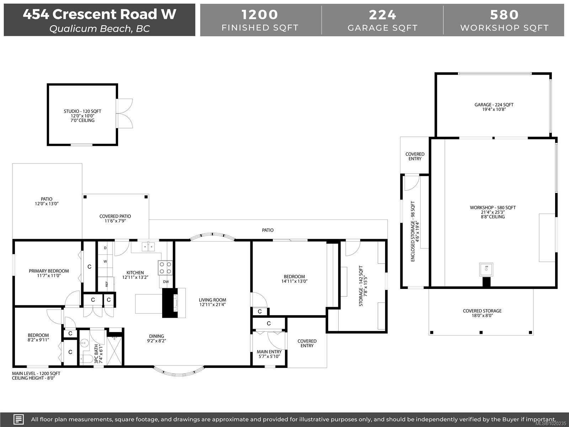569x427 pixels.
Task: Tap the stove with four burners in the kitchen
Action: [x=165, y=268]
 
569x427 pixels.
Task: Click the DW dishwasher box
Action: [x=166, y=281]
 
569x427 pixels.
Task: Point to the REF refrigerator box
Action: [x=106, y=284]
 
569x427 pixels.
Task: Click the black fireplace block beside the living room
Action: [x=170, y=303]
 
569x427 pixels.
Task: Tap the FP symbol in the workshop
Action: [x=486, y=269]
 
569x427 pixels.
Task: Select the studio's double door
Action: [x=124, y=114]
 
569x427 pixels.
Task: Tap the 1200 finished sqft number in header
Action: [x=260, y=15]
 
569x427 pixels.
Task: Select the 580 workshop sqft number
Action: [x=504, y=15]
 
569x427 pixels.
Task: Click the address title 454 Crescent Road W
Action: [x=100, y=14]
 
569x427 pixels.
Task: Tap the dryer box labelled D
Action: [x=105, y=248]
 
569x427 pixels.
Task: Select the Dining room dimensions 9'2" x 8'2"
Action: [x=156, y=341]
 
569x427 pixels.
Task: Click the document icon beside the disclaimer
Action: [x=18, y=419]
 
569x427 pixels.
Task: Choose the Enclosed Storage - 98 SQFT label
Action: [x=413, y=231]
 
